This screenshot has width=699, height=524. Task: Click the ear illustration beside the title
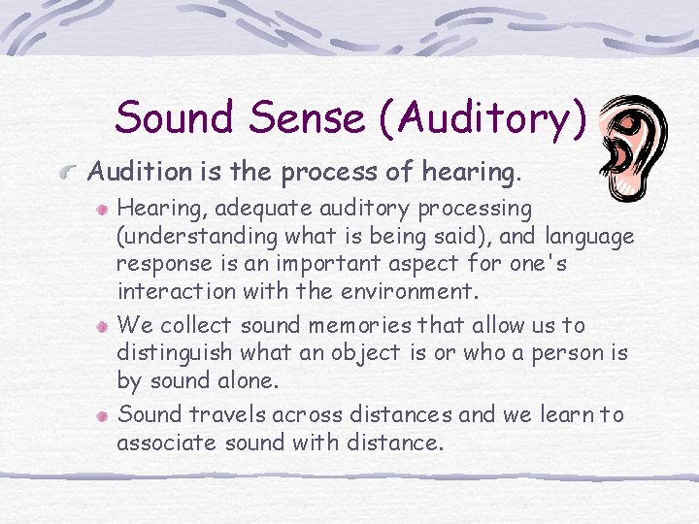coord(630,141)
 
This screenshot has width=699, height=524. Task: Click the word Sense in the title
coord(305,118)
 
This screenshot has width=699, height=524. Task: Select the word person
coord(567,353)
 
